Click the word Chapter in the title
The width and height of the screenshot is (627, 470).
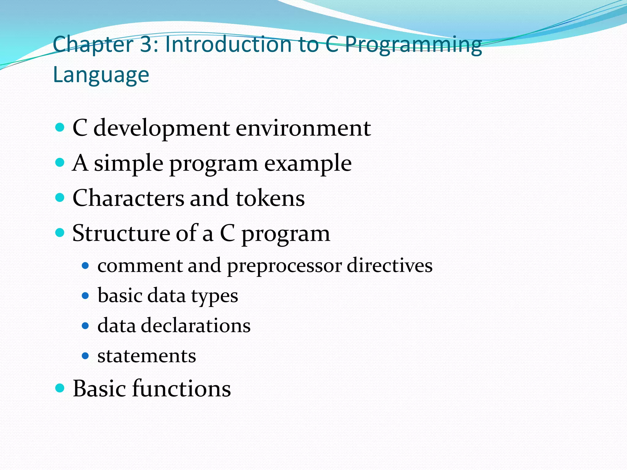[x=93, y=45]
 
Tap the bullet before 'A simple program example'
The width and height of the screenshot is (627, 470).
[x=60, y=162]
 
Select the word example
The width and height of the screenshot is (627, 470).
[x=308, y=164]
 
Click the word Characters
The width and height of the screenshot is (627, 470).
[x=128, y=198]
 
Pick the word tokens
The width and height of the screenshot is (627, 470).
[x=270, y=198]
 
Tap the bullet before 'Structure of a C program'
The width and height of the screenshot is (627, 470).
[x=60, y=233]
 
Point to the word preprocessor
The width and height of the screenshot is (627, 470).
[x=284, y=266]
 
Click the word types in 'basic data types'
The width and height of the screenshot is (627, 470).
[x=215, y=296]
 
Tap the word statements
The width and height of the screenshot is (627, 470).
[x=147, y=356]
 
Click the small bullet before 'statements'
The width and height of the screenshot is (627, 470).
[x=85, y=356]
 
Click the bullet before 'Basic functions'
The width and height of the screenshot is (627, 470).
[x=60, y=388]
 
